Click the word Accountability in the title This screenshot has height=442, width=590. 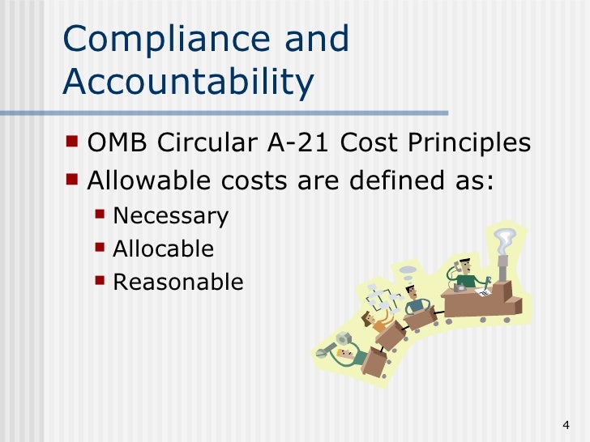187,81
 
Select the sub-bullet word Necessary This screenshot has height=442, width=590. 171,217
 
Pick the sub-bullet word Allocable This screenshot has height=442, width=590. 164,249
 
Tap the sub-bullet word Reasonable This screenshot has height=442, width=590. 177,282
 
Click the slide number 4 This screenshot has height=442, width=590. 565,426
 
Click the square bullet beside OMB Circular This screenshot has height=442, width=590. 74,142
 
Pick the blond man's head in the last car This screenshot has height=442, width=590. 348,355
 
